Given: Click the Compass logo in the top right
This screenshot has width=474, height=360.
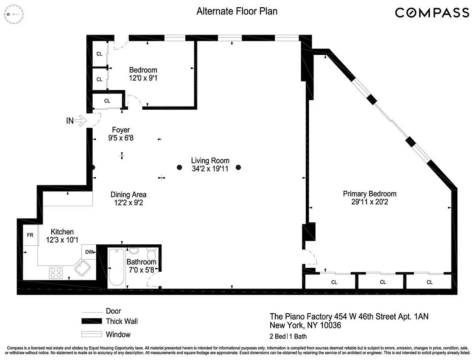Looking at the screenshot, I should click(432, 13).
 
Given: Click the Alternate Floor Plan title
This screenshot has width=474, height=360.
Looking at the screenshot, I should click(237, 11).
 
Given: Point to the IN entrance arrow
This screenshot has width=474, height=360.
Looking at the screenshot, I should click(80, 120).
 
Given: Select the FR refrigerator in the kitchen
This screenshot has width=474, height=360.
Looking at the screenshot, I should click(30, 235).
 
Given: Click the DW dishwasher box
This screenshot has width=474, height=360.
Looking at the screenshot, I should click(89, 252).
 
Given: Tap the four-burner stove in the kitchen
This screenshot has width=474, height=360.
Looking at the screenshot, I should click(56, 272).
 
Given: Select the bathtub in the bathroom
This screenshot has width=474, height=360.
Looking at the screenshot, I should click(116, 268).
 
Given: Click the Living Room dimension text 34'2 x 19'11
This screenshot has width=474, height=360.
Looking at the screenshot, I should click(210, 169).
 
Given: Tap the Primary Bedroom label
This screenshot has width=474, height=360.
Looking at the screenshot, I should click(370, 193).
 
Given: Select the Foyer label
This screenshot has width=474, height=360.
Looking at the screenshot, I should click(121, 130).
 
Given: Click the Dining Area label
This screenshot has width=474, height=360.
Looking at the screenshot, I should click(128, 194).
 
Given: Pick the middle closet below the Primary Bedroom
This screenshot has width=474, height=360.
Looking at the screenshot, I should click(383, 282).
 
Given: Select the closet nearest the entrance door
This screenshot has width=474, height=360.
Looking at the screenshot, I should click(107, 100).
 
